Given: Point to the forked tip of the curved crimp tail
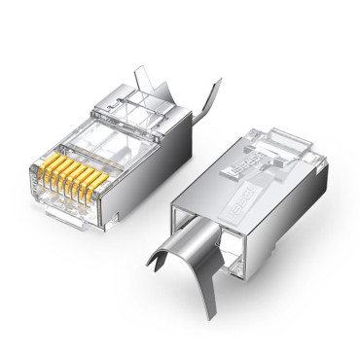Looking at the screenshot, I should click(156, 260).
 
